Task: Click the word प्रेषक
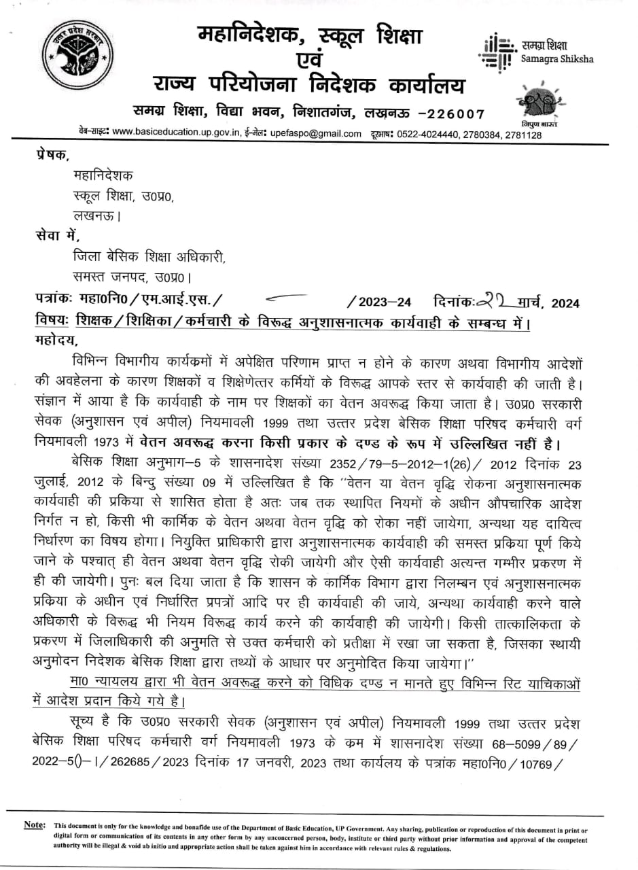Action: [51, 155]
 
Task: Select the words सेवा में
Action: [57, 237]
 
